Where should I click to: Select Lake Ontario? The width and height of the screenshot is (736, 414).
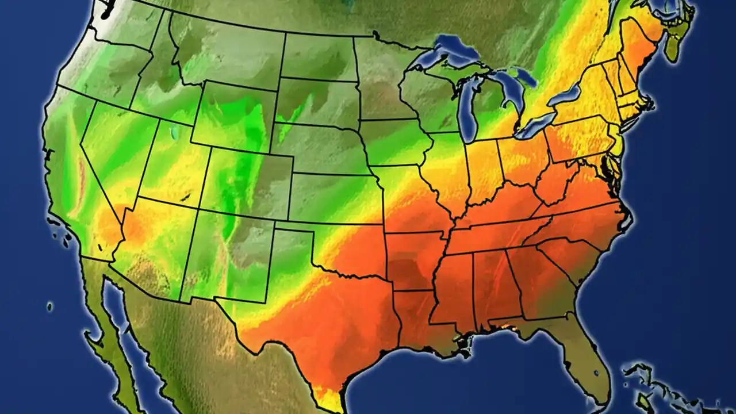coord(566,94)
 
